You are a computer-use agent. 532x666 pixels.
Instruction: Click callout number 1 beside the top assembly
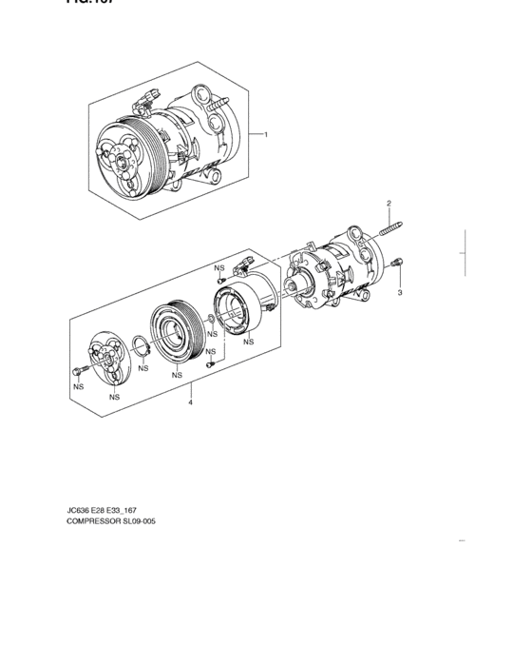[x=266, y=134]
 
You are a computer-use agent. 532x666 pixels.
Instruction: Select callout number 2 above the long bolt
[x=388, y=205]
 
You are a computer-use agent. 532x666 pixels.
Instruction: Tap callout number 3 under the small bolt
[x=400, y=292]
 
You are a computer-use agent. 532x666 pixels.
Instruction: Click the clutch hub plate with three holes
[x=106, y=357]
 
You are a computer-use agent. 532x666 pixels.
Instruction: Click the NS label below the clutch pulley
[x=178, y=376]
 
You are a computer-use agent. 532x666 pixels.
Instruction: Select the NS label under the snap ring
[x=142, y=367]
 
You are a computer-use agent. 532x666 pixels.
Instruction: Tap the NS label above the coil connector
[x=219, y=268]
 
